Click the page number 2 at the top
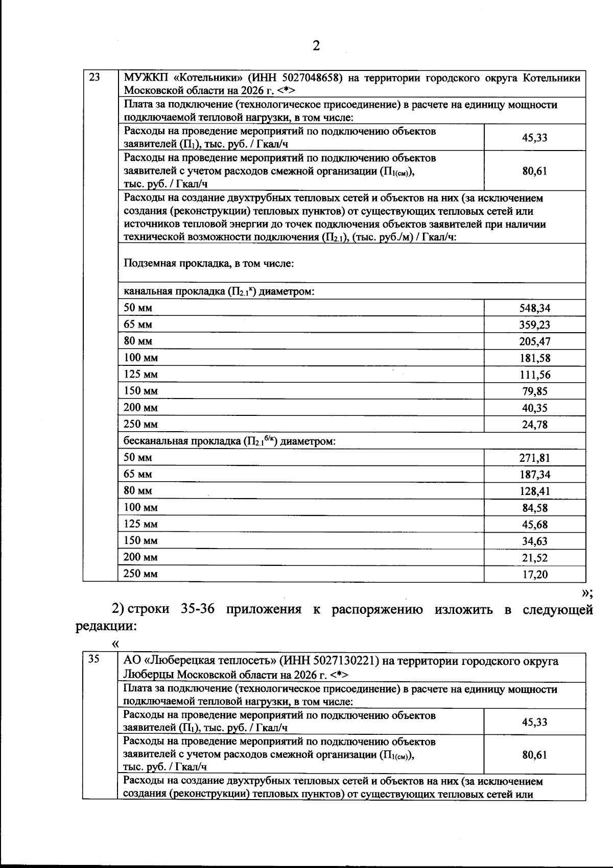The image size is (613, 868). [316, 46]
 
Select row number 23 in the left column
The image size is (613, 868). [95, 78]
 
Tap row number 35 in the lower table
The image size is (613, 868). [94, 659]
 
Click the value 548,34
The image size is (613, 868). [534, 308]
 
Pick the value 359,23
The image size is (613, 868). [534, 325]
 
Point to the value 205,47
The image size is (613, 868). [534, 341]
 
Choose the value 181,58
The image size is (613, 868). [534, 358]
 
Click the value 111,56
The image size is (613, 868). [534, 375]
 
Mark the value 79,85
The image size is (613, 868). [534, 391]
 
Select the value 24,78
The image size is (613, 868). [534, 425]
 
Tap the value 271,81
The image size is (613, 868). [534, 458]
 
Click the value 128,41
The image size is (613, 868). [534, 491]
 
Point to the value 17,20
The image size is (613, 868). [534, 575]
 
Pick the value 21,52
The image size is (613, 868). [534, 558]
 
